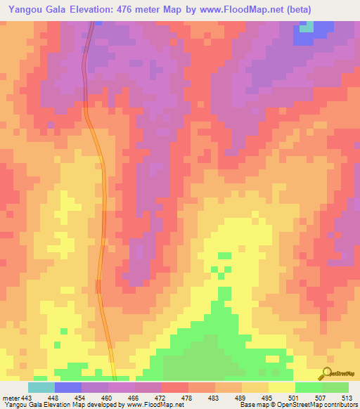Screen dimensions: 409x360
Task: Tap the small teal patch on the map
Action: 307,27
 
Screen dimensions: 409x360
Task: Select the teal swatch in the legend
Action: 41,387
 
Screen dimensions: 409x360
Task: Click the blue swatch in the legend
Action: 68,387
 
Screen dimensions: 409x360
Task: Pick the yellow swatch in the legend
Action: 281,387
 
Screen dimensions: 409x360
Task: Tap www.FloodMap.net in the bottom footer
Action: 150,405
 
